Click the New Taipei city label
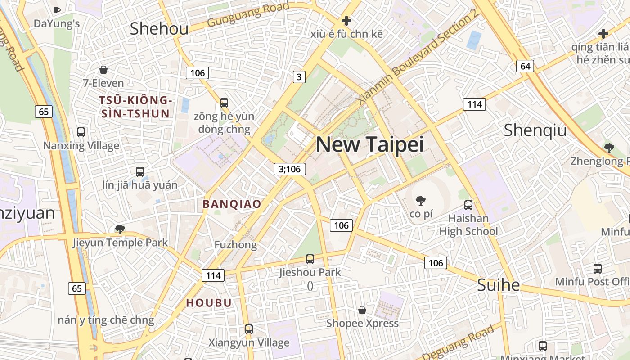pyautogui.click(x=369, y=144)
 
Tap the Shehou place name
pyautogui.click(x=159, y=29)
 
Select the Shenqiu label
pyautogui.click(x=535, y=130)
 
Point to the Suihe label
pyautogui.click(x=498, y=285)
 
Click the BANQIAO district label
pyautogui.click(x=232, y=204)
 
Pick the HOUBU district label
pyautogui.click(x=209, y=303)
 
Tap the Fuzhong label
pyautogui.click(x=235, y=245)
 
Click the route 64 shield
pyautogui.click(x=525, y=66)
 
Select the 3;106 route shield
pyautogui.click(x=290, y=169)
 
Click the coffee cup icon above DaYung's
pyautogui.click(x=56, y=10)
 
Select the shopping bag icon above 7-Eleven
pyautogui.click(x=103, y=70)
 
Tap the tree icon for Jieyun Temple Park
pyautogui.click(x=120, y=229)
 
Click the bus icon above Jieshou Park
pyautogui.click(x=310, y=259)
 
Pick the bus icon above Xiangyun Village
pyautogui.click(x=249, y=329)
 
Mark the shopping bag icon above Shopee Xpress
pyautogui.click(x=362, y=310)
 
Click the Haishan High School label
pyautogui.click(x=468, y=225)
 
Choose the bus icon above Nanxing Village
pyautogui.click(x=81, y=132)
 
